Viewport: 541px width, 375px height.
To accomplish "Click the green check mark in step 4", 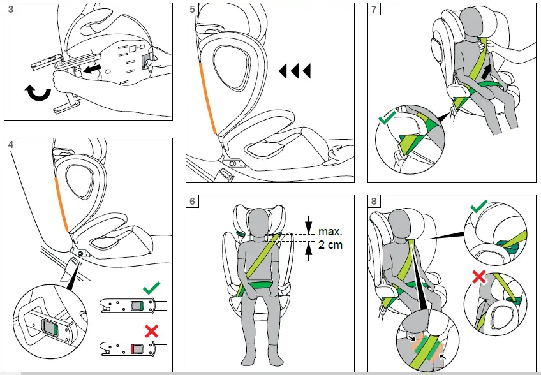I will [x=151, y=289].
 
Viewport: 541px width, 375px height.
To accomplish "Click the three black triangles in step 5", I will [x=295, y=71].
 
